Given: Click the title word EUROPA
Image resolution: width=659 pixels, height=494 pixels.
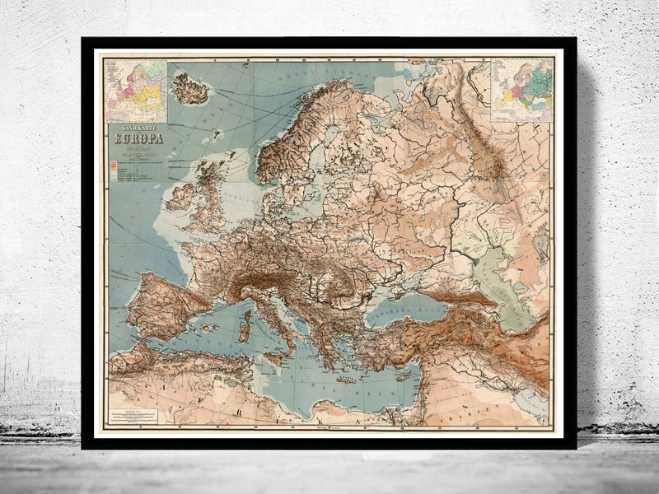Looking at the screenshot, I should (138, 137).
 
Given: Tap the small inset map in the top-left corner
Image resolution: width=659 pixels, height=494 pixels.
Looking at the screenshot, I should (133, 88).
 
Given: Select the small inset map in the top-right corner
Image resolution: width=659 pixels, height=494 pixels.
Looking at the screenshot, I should (521, 88).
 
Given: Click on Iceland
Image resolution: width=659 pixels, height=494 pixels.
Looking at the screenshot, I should (190, 89).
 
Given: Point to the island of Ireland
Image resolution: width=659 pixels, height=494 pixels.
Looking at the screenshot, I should (180, 197).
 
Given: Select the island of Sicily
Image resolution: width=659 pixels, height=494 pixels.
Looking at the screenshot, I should (276, 357).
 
